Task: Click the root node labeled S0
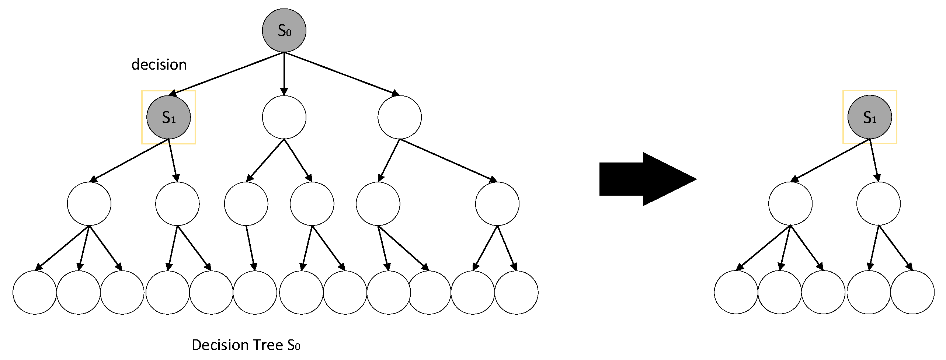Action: click(284, 31)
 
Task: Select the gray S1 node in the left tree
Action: click(168, 117)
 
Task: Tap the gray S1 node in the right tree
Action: click(869, 117)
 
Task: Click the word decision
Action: click(159, 65)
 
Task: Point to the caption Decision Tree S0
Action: click(246, 345)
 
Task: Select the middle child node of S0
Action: click(284, 117)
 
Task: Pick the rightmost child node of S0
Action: click(399, 117)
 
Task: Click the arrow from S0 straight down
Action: click(284, 74)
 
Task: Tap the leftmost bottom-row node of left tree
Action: click(35, 292)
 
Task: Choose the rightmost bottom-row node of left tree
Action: click(516, 292)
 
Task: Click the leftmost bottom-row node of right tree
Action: click(736, 292)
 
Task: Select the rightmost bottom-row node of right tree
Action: click(912, 292)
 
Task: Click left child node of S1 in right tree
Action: click(790, 203)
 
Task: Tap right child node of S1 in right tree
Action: click(878, 203)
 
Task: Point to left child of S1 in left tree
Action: click(89, 203)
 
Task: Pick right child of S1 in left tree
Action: click(177, 203)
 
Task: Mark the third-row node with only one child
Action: click(246, 203)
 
